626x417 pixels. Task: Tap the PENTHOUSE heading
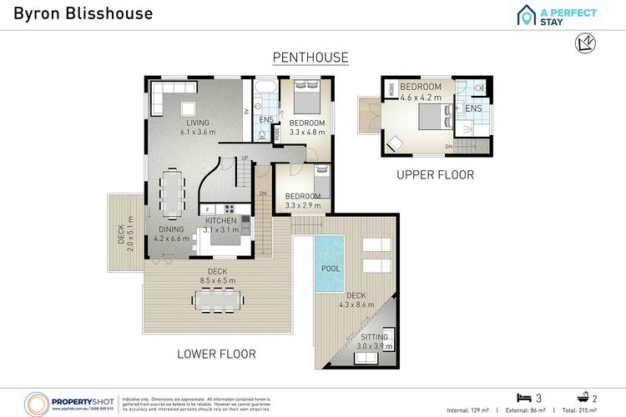click(310, 57)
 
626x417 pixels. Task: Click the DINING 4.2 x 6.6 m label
click(172, 234)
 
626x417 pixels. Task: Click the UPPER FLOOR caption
click(435, 175)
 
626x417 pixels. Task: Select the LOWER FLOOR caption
click(216, 354)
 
